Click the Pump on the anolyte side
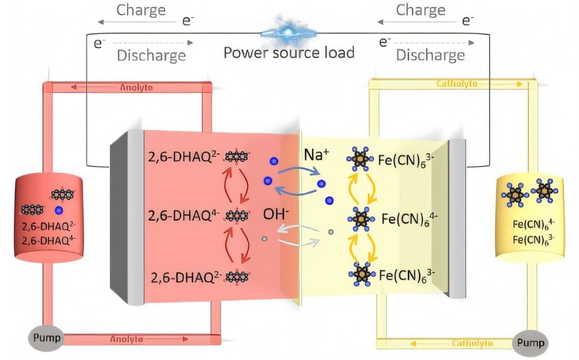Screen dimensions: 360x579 coord(44,337)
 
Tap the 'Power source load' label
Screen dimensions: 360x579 coord(289,53)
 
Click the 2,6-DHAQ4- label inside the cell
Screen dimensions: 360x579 coord(184,215)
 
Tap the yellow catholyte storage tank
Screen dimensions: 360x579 coord(530,218)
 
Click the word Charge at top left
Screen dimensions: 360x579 coord(141,10)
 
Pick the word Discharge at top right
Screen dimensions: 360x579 coord(430,55)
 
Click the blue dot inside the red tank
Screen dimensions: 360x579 coord(59,210)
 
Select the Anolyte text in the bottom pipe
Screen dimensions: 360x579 coord(126,339)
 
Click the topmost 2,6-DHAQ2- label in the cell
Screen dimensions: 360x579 coord(184,157)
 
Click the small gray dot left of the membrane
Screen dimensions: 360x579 coord(264,238)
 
